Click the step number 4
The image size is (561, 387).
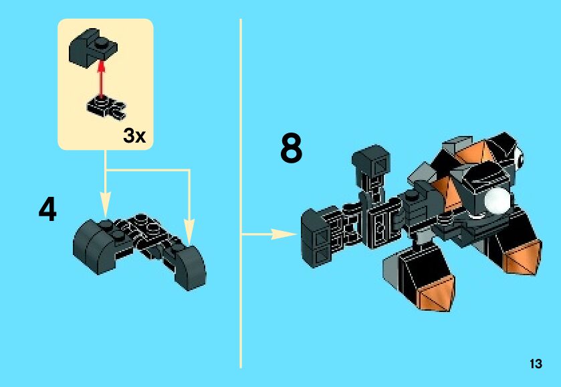(47, 210)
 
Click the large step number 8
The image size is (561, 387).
(291, 149)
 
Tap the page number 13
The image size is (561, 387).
(535, 364)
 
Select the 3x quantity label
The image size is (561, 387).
(134, 136)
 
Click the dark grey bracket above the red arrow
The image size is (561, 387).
(92, 48)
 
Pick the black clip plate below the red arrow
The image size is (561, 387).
(106, 106)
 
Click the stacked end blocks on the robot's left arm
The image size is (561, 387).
(316, 234)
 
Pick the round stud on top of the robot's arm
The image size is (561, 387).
(412, 196)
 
